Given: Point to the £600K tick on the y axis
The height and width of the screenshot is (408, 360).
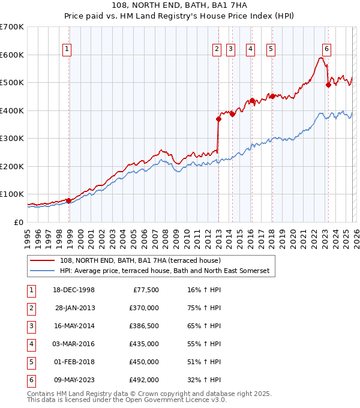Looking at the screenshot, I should (x=12, y=55).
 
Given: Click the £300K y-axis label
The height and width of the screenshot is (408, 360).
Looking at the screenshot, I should (x=12, y=139).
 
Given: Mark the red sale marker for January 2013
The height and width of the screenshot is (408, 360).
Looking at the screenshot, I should (x=218, y=119).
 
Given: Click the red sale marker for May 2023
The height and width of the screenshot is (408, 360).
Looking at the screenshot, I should (x=328, y=85).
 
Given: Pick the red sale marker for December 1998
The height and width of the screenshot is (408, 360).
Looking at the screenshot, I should (x=69, y=200).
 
